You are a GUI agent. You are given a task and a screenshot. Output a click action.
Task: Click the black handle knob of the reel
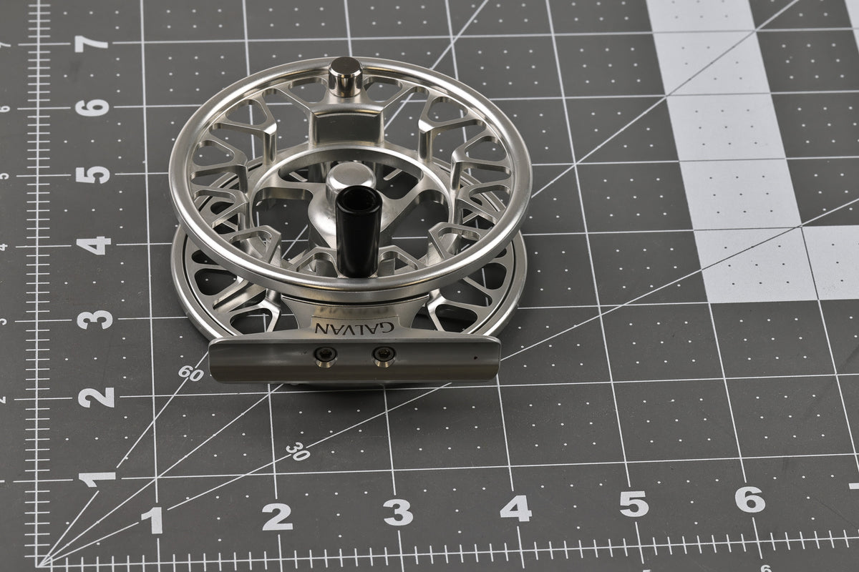(358, 231)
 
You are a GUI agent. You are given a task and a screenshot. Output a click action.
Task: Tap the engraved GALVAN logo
(354, 327)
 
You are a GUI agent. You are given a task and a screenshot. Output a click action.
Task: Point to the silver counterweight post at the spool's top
(346, 77)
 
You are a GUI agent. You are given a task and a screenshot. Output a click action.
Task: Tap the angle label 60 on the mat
(190, 373)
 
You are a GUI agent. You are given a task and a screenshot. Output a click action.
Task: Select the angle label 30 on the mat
(298, 451)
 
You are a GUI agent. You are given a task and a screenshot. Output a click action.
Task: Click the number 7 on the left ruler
(92, 44)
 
